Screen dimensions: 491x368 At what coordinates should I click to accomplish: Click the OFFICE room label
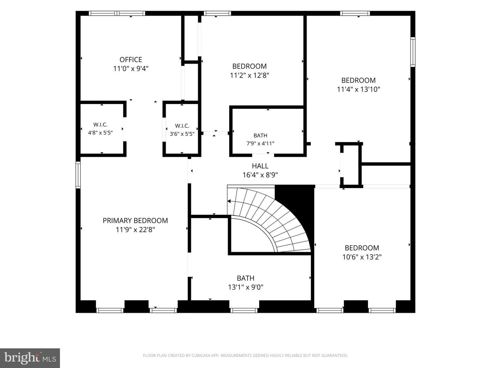click(131, 60)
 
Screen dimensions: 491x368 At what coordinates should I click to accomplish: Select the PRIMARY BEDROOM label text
click(135, 220)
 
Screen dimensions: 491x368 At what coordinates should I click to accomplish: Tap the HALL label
click(260, 166)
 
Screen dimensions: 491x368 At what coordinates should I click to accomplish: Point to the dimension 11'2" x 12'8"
click(249, 75)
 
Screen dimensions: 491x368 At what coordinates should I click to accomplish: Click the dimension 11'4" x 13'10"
click(359, 89)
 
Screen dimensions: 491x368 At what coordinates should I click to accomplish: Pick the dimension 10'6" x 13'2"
click(362, 257)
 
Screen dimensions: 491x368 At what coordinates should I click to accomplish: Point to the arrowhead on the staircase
click(229, 201)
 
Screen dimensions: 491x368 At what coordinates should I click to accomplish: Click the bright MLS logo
click(30, 358)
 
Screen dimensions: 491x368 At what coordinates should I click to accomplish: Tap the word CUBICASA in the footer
click(200, 355)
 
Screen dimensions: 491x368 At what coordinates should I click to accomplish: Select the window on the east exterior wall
click(413, 52)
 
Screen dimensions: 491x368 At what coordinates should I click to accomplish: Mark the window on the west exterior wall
click(78, 175)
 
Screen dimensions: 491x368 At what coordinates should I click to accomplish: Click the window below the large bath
click(244, 310)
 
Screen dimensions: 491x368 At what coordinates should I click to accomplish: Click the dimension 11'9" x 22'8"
click(135, 230)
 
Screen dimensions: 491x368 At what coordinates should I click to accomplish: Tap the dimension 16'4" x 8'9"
click(260, 175)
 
